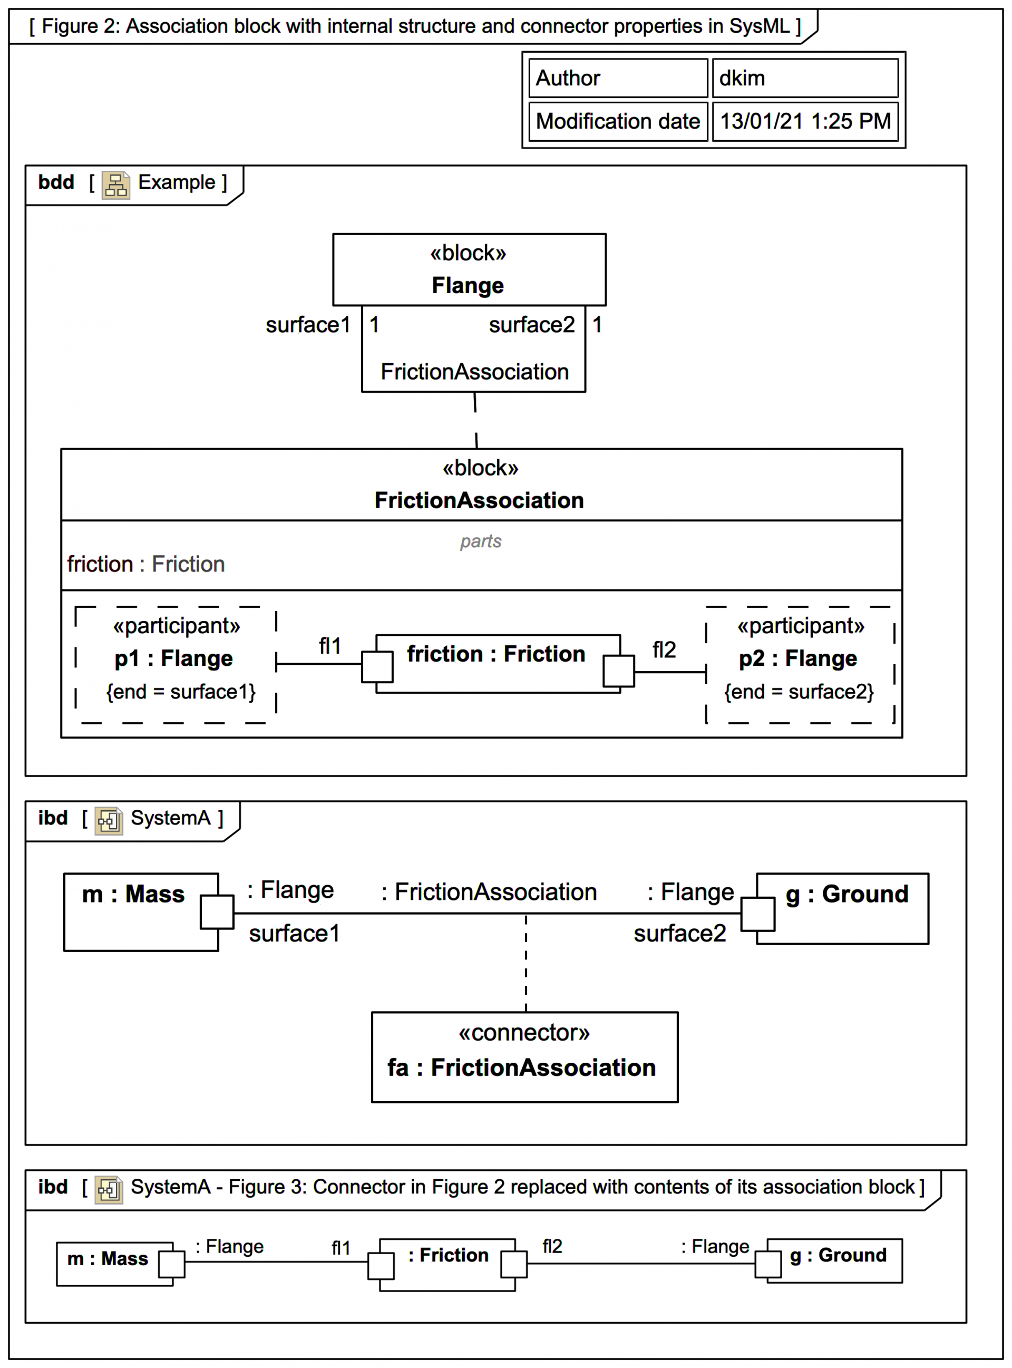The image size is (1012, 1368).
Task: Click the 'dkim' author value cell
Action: pyautogui.click(x=804, y=78)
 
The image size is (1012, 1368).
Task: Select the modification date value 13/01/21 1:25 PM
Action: pyautogui.click(x=804, y=121)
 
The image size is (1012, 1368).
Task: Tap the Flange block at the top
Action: pyautogui.click(x=469, y=269)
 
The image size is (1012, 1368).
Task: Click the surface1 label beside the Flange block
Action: pyautogui.click(x=307, y=325)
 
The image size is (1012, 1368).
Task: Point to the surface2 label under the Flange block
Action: pyautogui.click(x=531, y=325)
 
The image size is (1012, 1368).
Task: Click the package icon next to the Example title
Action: pyautogui.click(x=116, y=185)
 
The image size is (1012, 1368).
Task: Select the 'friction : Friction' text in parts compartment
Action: pyautogui.click(x=146, y=564)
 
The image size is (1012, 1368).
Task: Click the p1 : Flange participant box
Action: pyautogui.click(x=176, y=665)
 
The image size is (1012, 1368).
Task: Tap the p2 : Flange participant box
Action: pyautogui.click(x=800, y=665)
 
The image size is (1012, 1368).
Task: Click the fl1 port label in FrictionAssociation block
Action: pyautogui.click(x=329, y=646)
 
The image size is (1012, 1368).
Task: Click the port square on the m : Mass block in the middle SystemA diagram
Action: pyautogui.click(x=217, y=911)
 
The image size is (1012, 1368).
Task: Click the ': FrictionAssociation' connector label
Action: pyautogui.click(x=488, y=892)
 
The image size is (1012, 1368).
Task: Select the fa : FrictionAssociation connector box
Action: pyautogui.click(x=524, y=1057)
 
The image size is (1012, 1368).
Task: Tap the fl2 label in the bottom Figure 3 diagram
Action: pyautogui.click(x=552, y=1247)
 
